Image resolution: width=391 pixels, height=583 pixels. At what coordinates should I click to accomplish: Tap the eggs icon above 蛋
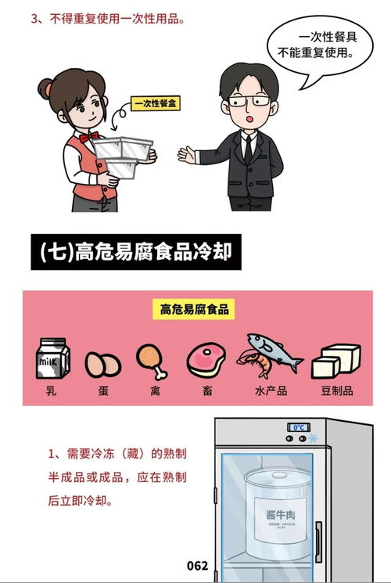[102, 364]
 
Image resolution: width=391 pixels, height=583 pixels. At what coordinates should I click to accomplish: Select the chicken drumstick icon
[151, 360]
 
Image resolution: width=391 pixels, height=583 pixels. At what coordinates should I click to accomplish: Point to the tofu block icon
[335, 361]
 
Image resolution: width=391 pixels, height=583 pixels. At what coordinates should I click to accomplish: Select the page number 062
[198, 565]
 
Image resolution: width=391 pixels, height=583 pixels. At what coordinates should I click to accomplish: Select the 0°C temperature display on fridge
[298, 427]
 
